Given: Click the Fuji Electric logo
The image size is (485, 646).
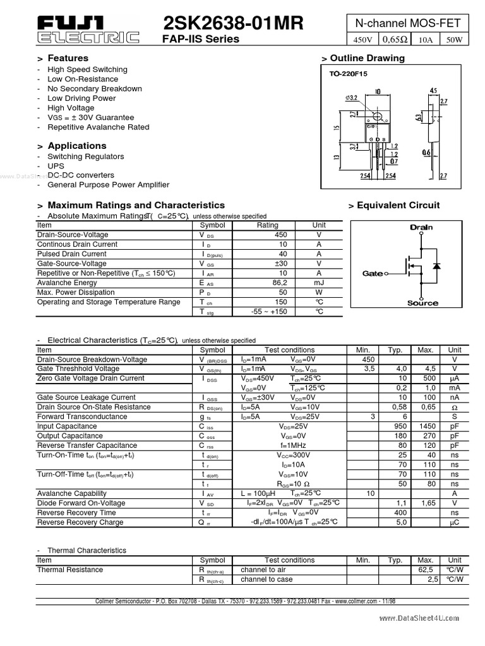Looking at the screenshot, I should [x=88, y=30].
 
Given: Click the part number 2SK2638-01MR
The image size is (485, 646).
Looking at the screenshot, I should [x=233, y=24].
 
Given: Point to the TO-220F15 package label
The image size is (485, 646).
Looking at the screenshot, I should [x=348, y=74].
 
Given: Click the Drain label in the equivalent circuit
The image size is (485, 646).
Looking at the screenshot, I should [x=421, y=227].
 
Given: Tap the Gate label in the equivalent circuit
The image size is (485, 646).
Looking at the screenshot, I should [x=373, y=274].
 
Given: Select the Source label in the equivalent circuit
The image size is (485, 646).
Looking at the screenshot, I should [x=422, y=303].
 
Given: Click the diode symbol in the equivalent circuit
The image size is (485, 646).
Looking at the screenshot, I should [x=436, y=266].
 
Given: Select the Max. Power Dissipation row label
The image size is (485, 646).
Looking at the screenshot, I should [x=76, y=293].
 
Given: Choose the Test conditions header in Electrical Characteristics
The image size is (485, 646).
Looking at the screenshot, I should [x=289, y=350].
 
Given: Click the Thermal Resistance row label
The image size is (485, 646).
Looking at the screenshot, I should [x=69, y=570].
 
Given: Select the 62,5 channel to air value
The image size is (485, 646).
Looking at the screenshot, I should [x=427, y=570].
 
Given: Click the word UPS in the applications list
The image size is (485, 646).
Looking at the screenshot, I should [x=56, y=166].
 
